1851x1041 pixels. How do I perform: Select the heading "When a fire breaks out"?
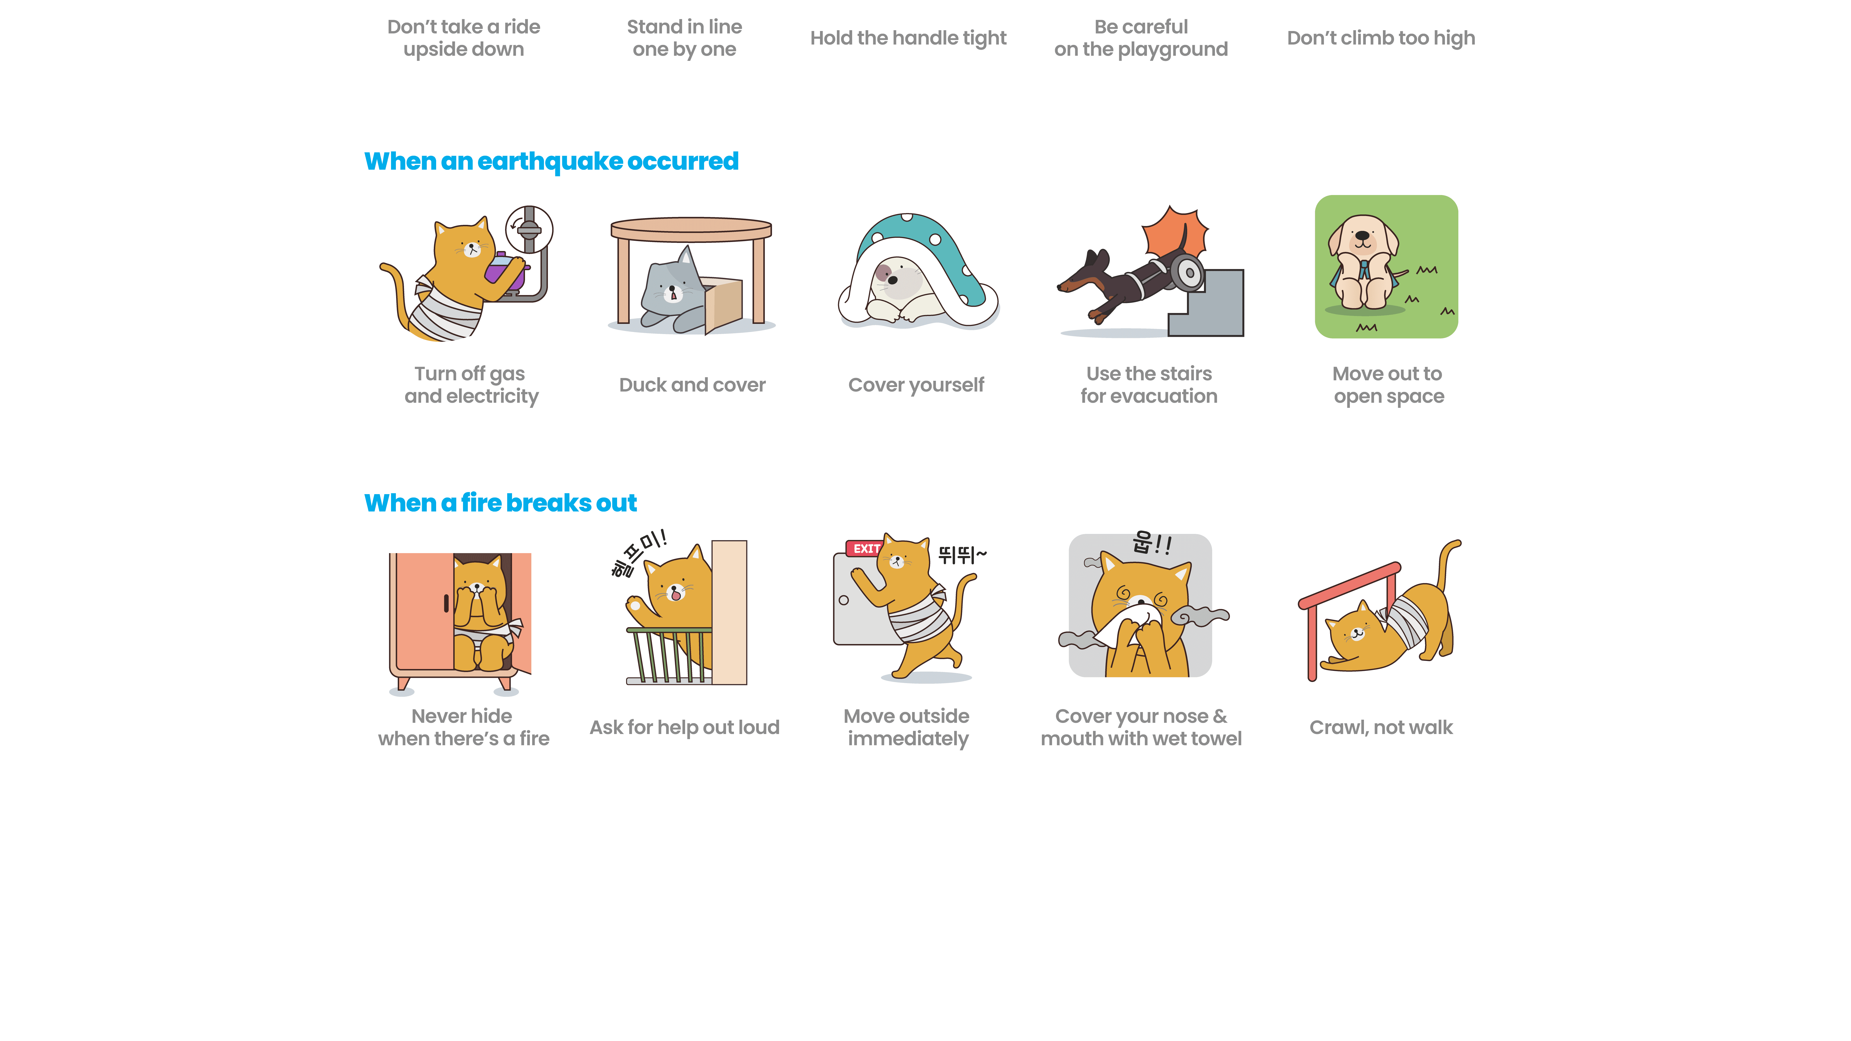500,503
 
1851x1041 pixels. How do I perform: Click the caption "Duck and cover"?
692,385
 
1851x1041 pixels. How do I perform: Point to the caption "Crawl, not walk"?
1380,728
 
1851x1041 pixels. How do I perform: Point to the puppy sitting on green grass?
1363,262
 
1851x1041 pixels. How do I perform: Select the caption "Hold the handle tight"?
908,38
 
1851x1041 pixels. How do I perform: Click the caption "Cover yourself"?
916,385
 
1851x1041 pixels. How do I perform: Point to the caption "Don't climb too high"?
1380,38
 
